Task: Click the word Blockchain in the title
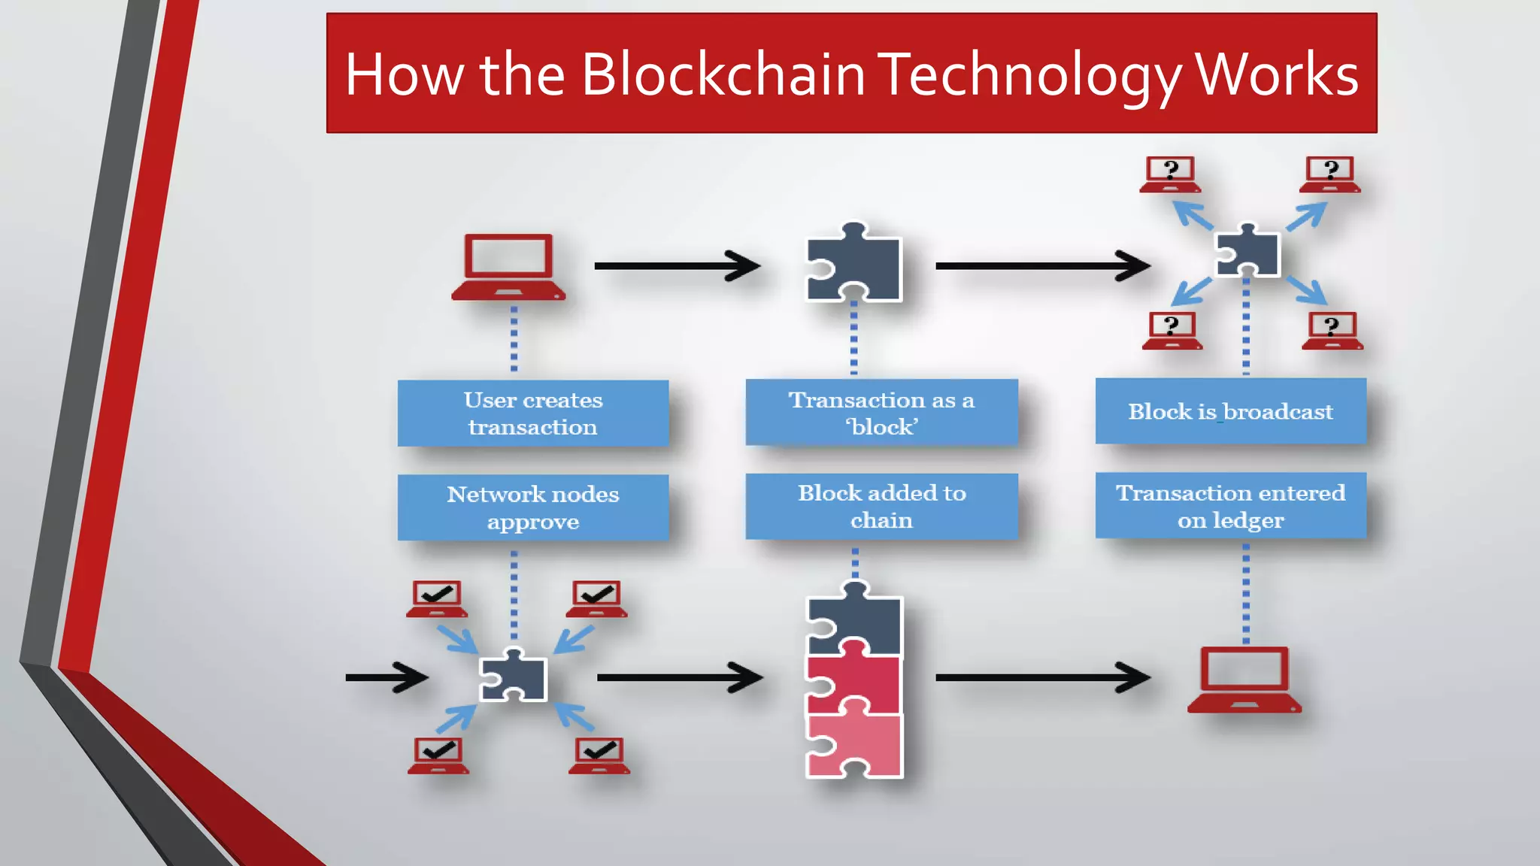(x=723, y=74)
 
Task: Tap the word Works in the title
(x=1276, y=74)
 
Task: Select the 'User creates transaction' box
(x=532, y=413)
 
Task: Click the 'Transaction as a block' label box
(x=881, y=413)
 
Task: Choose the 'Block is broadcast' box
(x=1230, y=411)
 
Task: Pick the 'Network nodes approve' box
(x=532, y=507)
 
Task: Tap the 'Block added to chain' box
(x=881, y=506)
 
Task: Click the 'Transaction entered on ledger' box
(x=1230, y=506)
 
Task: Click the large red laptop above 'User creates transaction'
(x=509, y=267)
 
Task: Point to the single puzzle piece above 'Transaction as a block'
(x=855, y=265)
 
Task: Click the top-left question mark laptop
(x=1170, y=174)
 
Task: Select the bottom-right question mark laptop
(x=1332, y=332)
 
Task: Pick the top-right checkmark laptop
(x=596, y=599)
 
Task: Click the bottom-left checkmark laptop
(x=438, y=755)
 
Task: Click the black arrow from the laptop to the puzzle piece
(x=677, y=266)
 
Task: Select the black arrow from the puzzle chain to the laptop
(x=1041, y=677)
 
